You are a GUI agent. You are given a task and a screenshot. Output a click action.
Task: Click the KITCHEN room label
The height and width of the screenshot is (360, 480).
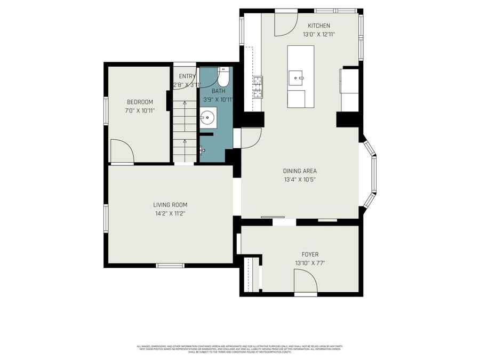(x=319, y=26)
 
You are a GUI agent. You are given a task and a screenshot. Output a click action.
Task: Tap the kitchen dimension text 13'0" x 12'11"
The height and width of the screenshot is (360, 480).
(x=319, y=35)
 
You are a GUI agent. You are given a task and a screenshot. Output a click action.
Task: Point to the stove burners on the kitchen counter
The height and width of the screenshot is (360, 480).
(x=258, y=86)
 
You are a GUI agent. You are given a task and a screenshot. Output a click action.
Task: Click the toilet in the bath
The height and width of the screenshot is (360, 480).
(x=223, y=78)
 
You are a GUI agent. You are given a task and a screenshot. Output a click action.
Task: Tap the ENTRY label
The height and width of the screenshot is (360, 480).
(x=187, y=76)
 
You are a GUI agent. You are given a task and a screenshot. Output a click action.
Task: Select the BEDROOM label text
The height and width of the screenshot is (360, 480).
(x=140, y=102)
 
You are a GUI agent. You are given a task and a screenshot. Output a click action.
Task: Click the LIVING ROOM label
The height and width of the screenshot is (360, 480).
(x=170, y=205)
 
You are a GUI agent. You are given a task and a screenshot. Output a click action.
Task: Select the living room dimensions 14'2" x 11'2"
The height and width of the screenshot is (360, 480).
(x=170, y=214)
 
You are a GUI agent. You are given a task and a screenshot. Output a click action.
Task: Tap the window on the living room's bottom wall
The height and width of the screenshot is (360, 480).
(x=166, y=265)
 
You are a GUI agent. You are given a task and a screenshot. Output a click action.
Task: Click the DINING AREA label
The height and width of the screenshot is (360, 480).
(x=300, y=171)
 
